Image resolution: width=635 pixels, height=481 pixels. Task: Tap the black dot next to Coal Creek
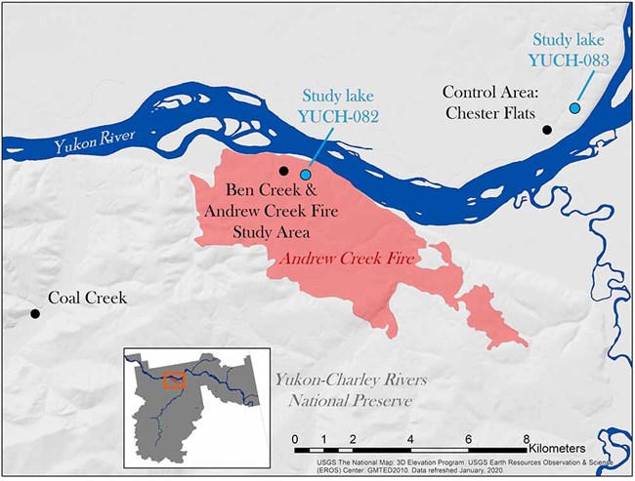coord(35,313)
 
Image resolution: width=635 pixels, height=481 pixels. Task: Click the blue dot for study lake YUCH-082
coord(305,174)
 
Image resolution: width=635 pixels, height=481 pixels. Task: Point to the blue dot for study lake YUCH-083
coord(575,107)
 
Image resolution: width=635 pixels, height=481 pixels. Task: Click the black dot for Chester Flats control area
coord(548,129)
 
